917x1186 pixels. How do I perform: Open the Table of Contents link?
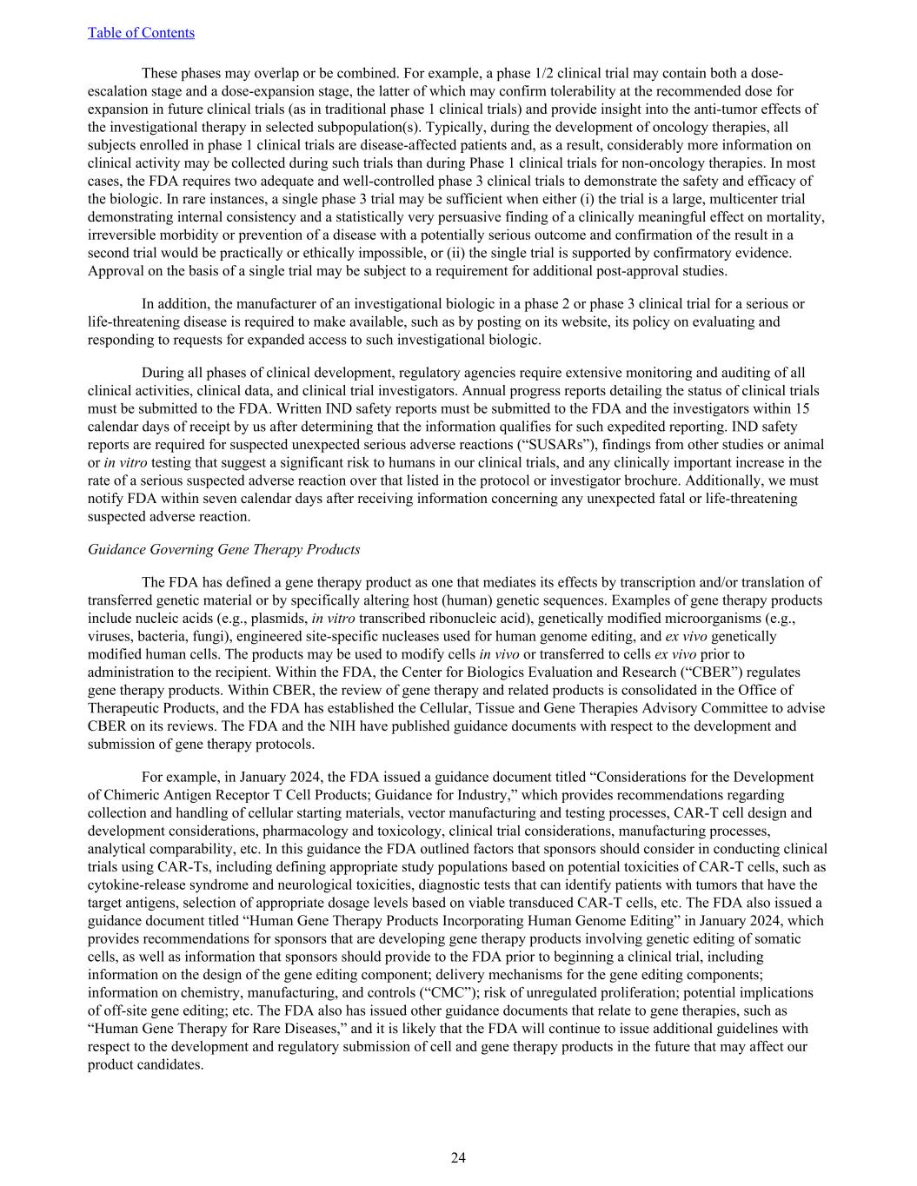pyautogui.click(x=141, y=33)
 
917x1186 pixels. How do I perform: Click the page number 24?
pyautogui.click(x=458, y=1157)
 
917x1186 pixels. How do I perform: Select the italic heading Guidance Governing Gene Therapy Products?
pyautogui.click(x=223, y=549)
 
